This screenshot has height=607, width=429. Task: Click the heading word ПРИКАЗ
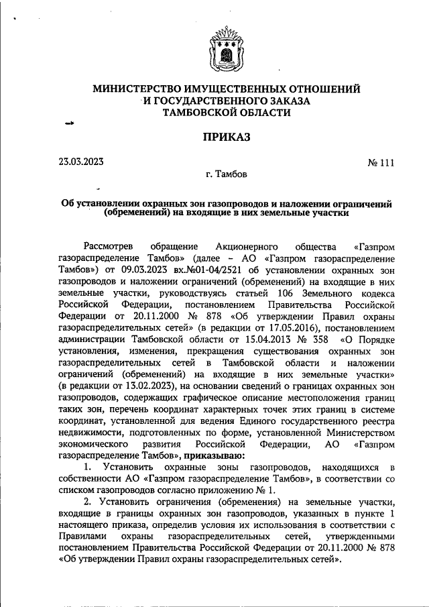(226, 137)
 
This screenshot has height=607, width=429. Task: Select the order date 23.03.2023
(81, 161)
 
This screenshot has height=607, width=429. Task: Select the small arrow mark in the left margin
(67, 125)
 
